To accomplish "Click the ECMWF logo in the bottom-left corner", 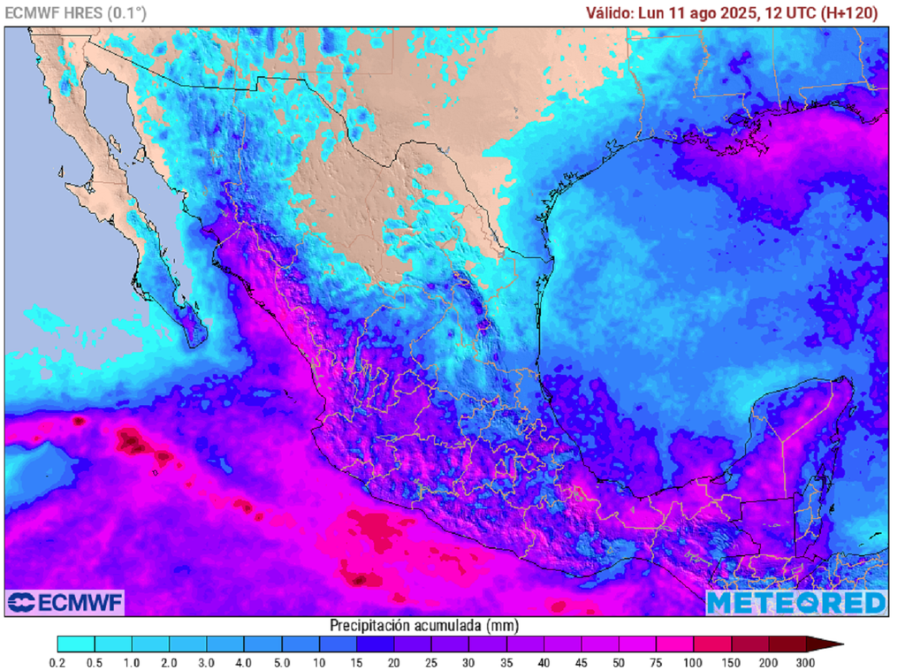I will click(65, 602).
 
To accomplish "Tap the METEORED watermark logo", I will click(795, 602).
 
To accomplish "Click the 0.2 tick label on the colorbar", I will click(58, 662).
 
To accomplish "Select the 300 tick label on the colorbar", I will click(805, 662).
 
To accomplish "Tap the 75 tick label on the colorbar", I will click(656, 662).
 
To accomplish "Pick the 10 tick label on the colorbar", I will click(320, 662).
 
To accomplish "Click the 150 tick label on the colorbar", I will click(730, 662).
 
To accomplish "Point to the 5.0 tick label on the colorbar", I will click(282, 662).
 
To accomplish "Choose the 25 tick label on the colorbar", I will click(431, 662).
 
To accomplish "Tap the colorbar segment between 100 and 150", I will click(711, 644).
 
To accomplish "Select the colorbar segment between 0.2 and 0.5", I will click(77, 644).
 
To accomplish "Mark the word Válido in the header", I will click(610, 13).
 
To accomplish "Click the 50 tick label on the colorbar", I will click(618, 662).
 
